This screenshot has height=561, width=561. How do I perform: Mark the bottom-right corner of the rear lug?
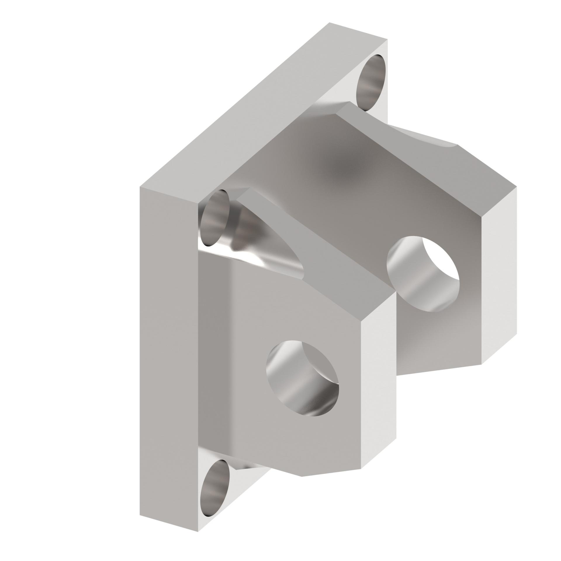point(482,363)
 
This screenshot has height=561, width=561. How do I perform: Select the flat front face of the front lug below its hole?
point(292,438)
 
